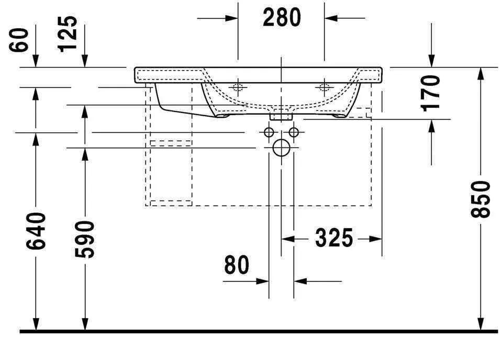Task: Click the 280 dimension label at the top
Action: click(282, 18)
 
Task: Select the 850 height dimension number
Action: click(481, 199)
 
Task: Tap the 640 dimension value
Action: click(36, 231)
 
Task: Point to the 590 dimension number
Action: click(84, 239)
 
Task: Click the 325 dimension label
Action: click(334, 239)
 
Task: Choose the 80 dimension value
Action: click(237, 265)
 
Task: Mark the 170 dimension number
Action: click(431, 93)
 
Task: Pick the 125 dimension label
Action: click(68, 34)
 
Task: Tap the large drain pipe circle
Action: click(281, 148)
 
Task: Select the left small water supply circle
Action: click(269, 132)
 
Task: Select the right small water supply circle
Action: click(294, 132)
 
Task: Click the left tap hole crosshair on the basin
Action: click(238, 86)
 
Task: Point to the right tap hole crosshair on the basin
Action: click(324, 86)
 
